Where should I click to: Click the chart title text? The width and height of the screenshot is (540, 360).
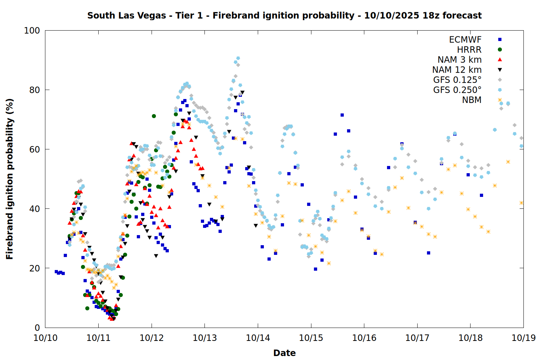pos(284,15)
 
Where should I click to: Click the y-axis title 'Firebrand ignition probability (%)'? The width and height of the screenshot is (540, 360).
pos(9,179)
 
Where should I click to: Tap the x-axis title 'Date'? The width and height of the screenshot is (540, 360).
pos(284,353)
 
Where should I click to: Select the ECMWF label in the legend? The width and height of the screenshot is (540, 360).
pos(465,40)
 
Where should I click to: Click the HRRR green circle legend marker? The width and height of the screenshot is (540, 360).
pos(500,50)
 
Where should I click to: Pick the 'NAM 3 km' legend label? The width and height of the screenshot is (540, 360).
pos(459,60)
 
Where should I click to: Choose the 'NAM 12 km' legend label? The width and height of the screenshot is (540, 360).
pos(457,70)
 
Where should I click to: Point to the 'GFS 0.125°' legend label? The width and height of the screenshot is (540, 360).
pos(457,80)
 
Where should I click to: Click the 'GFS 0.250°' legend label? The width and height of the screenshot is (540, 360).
pos(457,90)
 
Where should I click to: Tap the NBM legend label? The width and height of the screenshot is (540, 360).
pos(472,100)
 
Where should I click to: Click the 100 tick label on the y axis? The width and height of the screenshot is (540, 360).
pos(32,31)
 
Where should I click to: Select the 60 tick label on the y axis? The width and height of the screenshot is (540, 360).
pos(35,149)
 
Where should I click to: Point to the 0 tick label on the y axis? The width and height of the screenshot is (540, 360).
pos(37,328)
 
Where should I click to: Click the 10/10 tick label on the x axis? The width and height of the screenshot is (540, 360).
pos(45,338)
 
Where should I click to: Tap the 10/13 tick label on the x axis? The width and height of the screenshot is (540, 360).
pos(205,338)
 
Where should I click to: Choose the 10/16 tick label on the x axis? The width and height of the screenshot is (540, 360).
pos(364,338)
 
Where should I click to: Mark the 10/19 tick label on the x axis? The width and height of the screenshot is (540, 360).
pos(523,338)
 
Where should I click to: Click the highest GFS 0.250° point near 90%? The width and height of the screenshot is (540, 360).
pos(238,58)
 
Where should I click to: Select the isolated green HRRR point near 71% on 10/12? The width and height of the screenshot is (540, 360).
pos(154,116)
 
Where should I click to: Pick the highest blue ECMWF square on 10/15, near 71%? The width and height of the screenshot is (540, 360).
pos(342,115)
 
